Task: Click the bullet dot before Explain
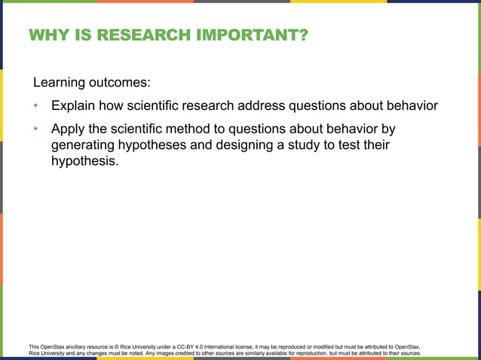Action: tap(35, 105)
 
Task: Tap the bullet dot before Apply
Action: tap(35, 130)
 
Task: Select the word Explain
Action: tap(75, 105)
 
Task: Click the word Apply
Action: tap(70, 130)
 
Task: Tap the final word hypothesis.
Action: tap(84, 162)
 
